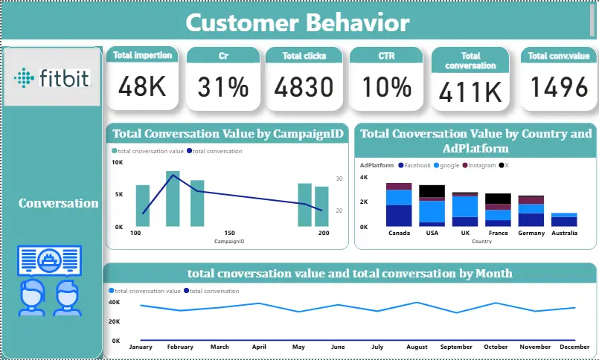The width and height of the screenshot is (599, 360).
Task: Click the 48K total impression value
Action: pyautogui.click(x=142, y=88)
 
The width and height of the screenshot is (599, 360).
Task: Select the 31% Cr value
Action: pyautogui.click(x=223, y=88)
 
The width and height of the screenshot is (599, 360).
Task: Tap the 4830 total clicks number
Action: pyautogui.click(x=304, y=88)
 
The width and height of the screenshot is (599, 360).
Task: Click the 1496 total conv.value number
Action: pyautogui.click(x=558, y=88)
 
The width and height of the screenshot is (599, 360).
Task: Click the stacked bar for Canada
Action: pyautogui.click(x=399, y=205)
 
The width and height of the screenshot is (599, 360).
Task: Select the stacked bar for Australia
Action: pyautogui.click(x=564, y=219)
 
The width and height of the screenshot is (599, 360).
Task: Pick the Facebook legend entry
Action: pyautogui.click(x=417, y=165)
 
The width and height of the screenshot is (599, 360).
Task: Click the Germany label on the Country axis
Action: pyautogui.click(x=531, y=233)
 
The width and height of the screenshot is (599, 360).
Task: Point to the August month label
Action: pyautogui.click(x=417, y=347)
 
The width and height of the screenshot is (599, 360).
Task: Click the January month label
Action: pyautogui.click(x=141, y=347)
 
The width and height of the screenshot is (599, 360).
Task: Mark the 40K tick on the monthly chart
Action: pyautogui.click(x=115, y=302)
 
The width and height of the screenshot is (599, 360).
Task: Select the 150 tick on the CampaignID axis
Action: pyautogui.click(x=230, y=233)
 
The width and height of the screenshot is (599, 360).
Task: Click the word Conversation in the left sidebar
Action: pyautogui.click(x=58, y=203)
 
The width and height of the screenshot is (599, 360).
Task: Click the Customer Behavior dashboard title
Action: pyautogui.click(x=297, y=22)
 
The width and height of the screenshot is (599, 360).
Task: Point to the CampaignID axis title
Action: pyautogui.click(x=229, y=242)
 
